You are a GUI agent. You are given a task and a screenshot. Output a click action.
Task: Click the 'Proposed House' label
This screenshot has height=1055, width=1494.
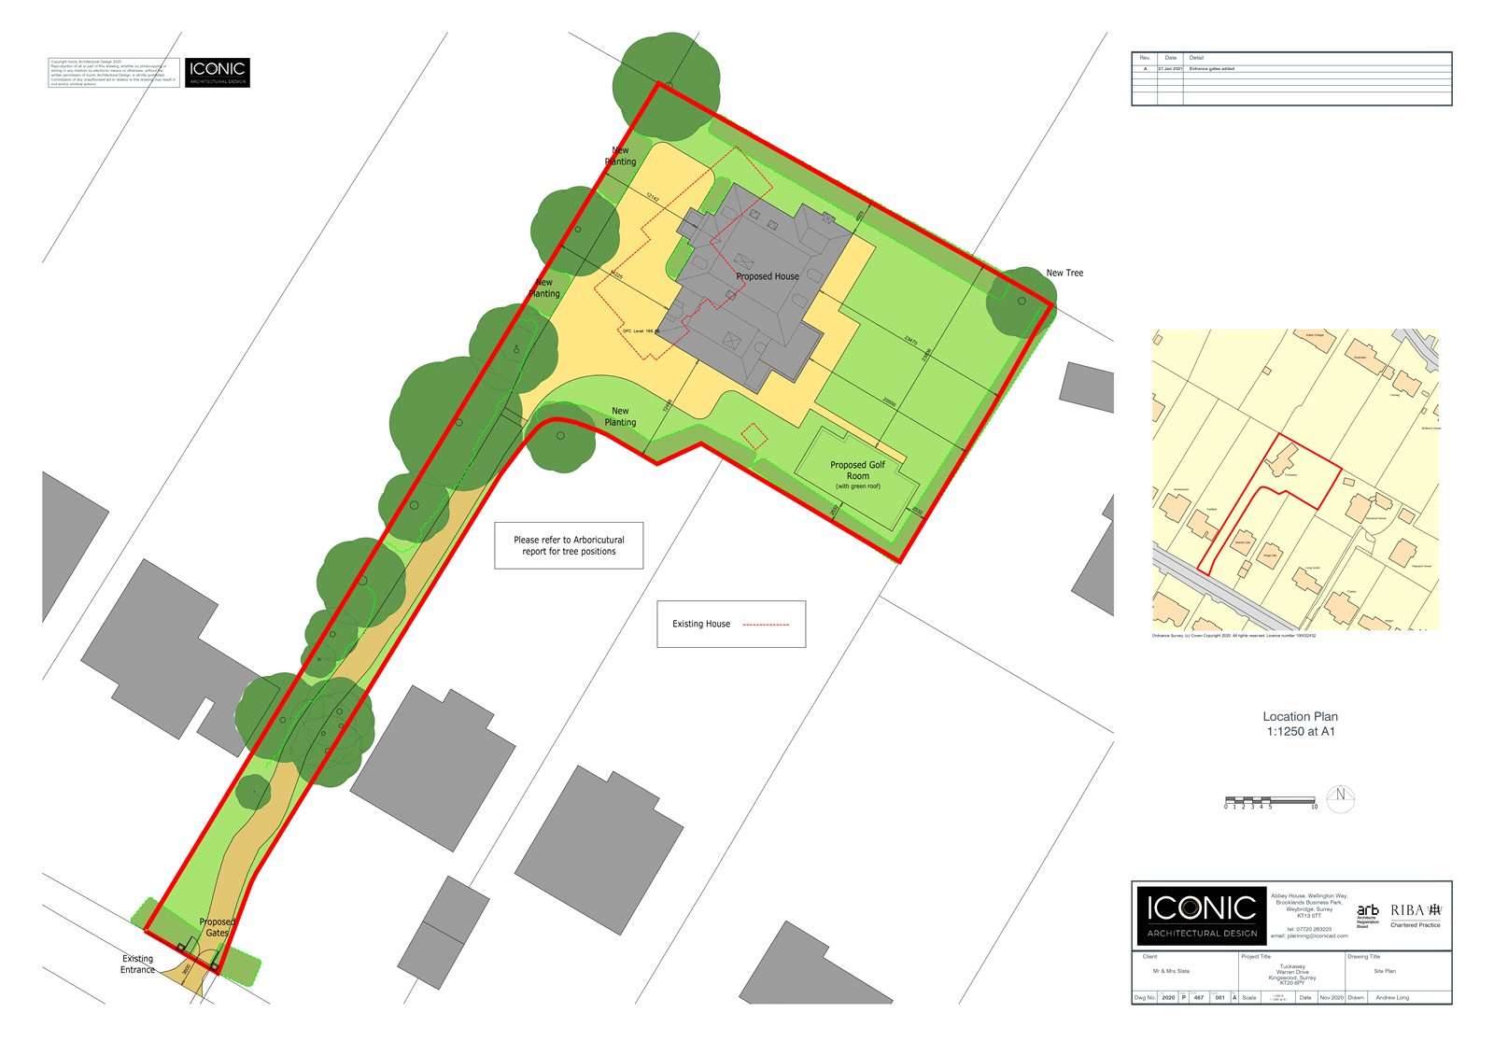pyautogui.click(x=767, y=276)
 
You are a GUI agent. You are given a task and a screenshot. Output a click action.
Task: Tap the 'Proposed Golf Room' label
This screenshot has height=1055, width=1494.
pyautogui.click(x=857, y=470)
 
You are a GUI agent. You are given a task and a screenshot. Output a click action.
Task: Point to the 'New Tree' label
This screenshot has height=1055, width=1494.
pyautogui.click(x=1064, y=273)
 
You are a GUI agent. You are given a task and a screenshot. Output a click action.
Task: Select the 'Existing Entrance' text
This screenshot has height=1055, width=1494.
pyautogui.click(x=137, y=964)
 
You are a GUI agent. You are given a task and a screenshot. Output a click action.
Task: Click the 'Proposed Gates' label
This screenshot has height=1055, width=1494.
pyautogui.click(x=217, y=927)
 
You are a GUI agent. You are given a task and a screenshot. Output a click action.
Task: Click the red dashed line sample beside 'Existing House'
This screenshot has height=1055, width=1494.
pyautogui.click(x=766, y=624)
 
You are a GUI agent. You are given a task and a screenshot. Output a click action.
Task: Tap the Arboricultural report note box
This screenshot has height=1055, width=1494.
pyautogui.click(x=569, y=545)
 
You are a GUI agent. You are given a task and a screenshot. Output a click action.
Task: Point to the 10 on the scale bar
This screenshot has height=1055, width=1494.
pyautogui.click(x=1314, y=807)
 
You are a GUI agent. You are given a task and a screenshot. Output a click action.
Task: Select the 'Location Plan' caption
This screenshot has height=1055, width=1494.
pyautogui.click(x=1300, y=724)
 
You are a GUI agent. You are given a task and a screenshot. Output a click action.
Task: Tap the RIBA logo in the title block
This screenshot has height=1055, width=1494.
pyautogui.click(x=1416, y=910)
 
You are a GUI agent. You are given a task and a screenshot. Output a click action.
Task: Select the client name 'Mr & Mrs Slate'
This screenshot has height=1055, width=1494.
pyautogui.click(x=1171, y=971)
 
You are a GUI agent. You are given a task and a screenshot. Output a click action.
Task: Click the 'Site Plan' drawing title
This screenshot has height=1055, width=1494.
pyautogui.click(x=1384, y=971)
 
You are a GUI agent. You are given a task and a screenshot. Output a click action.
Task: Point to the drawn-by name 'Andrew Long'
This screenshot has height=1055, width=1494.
pyautogui.click(x=1392, y=998)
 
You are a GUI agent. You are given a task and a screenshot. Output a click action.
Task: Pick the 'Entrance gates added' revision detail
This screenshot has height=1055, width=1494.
pyautogui.click(x=1211, y=69)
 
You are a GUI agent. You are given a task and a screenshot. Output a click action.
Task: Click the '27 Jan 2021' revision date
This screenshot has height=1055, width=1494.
pyautogui.click(x=1170, y=69)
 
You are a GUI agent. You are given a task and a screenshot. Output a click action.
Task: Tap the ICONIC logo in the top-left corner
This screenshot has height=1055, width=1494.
pyautogui.click(x=217, y=73)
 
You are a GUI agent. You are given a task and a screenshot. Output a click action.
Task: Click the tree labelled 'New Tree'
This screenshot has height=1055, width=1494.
pyautogui.click(x=1021, y=301)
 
